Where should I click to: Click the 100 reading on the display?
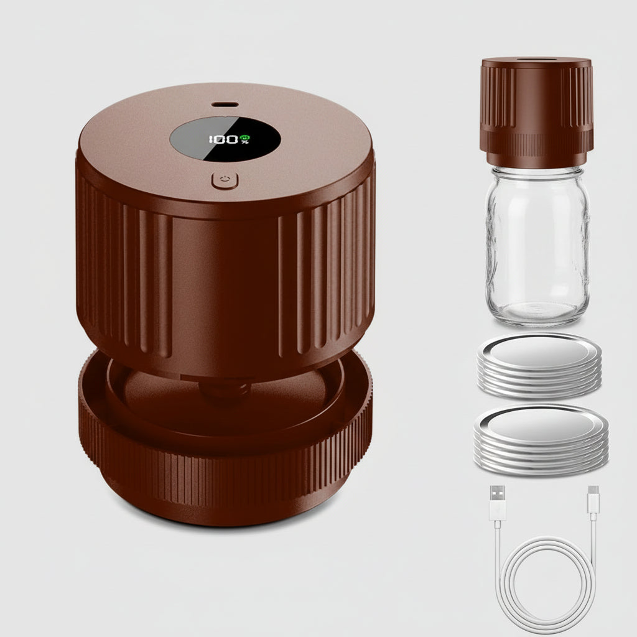(x=223, y=139)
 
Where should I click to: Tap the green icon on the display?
(x=245, y=137)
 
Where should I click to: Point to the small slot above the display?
(x=222, y=104)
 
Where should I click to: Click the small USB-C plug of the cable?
(x=593, y=500)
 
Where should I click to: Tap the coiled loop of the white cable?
(x=548, y=585)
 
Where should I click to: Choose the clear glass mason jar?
(x=537, y=249)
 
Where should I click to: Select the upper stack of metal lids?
(x=539, y=367)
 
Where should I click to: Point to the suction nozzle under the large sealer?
(x=224, y=392)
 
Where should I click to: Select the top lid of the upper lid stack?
(x=539, y=351)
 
